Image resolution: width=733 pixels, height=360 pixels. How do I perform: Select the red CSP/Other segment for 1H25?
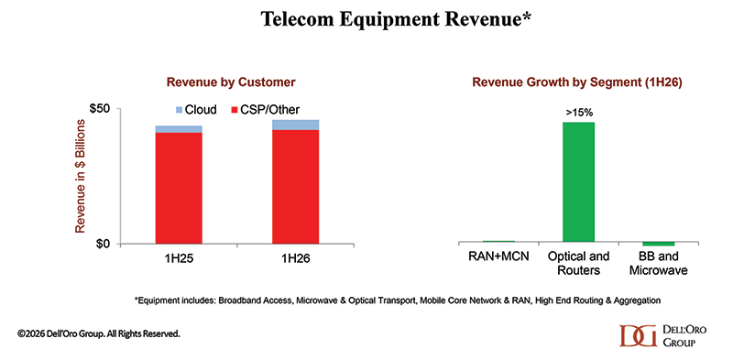[x=179, y=188]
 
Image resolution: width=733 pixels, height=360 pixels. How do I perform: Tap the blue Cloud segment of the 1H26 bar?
[x=295, y=125]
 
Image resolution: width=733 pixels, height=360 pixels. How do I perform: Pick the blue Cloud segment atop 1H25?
[x=179, y=129]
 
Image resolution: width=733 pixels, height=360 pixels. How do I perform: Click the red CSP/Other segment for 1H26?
[x=295, y=187]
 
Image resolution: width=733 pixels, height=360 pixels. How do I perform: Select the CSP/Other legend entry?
[x=266, y=110]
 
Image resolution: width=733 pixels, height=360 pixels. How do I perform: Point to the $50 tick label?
[x=100, y=108]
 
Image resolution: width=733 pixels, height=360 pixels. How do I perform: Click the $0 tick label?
[x=103, y=244]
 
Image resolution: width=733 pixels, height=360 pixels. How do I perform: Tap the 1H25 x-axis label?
[x=179, y=257]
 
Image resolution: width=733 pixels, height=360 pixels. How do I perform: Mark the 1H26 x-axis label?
[x=295, y=257]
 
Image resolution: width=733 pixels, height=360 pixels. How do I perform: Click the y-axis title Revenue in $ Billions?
[x=80, y=176]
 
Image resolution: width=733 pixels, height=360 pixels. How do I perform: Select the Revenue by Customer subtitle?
[x=231, y=82]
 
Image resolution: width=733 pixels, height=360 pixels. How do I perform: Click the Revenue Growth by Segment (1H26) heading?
[x=578, y=82]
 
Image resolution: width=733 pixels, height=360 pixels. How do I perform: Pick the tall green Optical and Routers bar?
[x=579, y=182]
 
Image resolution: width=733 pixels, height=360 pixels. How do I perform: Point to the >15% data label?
[x=579, y=114]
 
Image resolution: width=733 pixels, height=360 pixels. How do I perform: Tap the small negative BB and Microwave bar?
[x=658, y=244]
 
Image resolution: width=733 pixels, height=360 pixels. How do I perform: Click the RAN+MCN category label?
[x=498, y=256]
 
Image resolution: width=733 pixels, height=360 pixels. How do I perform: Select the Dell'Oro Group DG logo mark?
[x=639, y=335]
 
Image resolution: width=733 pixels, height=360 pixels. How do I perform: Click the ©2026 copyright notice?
[x=98, y=333]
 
